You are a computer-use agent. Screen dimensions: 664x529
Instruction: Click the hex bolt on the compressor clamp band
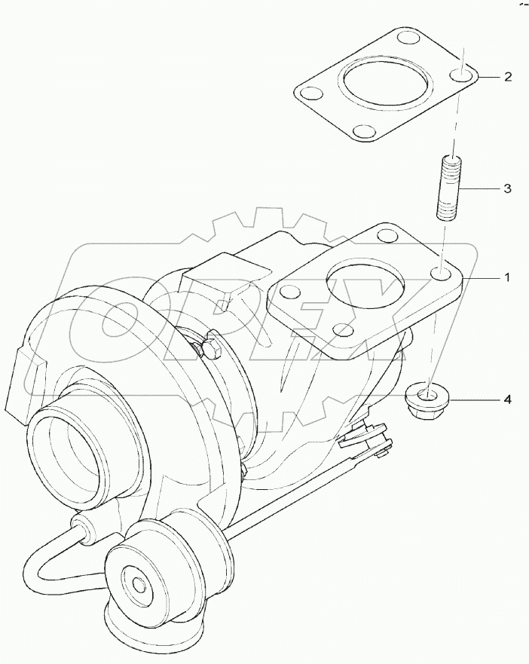pos(210,348)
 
